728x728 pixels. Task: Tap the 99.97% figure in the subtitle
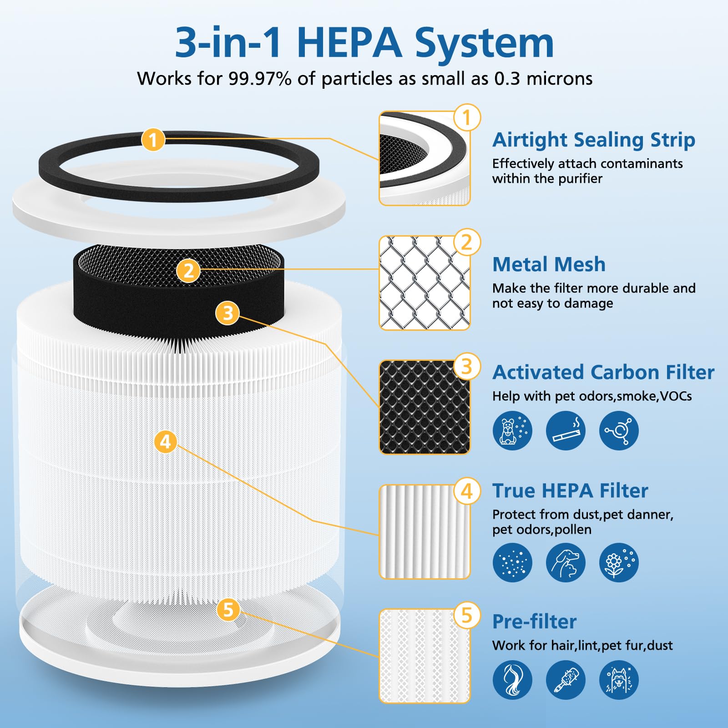pyautogui.click(x=260, y=79)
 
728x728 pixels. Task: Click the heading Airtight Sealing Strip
pyautogui.click(x=593, y=140)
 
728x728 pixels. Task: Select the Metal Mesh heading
pyautogui.click(x=549, y=264)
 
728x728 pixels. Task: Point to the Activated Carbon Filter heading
pyautogui.click(x=603, y=372)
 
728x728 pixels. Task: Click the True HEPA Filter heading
pyautogui.click(x=570, y=490)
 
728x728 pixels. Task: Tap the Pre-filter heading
pyautogui.click(x=534, y=622)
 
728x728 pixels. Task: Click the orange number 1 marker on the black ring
pyautogui.click(x=153, y=140)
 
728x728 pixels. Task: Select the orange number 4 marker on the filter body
pyautogui.click(x=166, y=441)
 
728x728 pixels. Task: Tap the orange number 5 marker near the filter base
pyautogui.click(x=228, y=610)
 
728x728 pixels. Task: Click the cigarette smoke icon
pyautogui.click(x=566, y=430)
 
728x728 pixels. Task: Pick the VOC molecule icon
pyautogui.click(x=619, y=430)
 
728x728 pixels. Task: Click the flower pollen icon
pyautogui.click(x=619, y=562)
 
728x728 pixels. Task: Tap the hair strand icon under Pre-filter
pyautogui.click(x=512, y=680)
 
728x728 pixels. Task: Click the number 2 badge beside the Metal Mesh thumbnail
pyautogui.click(x=467, y=243)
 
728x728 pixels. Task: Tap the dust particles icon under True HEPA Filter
pyautogui.click(x=512, y=562)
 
